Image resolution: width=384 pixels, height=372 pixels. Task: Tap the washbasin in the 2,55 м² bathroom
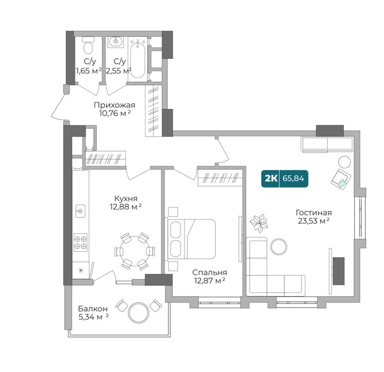[115, 41]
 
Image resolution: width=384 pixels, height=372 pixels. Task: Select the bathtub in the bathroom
[138, 59]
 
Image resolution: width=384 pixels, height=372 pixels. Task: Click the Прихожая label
[115, 105]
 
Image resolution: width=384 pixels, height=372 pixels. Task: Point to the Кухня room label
[126, 198]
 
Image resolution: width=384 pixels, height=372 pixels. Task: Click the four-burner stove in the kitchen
[80, 242]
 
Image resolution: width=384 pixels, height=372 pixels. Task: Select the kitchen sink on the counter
[80, 211]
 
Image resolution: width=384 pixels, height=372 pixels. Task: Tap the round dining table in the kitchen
[134, 251]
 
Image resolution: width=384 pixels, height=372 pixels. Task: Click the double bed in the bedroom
[192, 239]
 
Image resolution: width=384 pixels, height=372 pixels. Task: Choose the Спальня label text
[209, 273]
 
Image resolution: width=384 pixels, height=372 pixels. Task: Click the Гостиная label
[313, 213]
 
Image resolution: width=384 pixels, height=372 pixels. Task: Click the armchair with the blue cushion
[341, 179]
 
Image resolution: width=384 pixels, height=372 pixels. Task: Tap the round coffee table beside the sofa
[279, 247]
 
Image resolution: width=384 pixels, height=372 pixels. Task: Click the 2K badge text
[271, 179]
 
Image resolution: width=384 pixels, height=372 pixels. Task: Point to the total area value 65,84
[293, 179]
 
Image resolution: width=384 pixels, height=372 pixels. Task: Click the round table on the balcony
[139, 312]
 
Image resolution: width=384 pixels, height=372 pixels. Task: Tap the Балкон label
[93, 309]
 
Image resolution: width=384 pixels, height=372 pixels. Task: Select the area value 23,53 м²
[313, 221]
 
